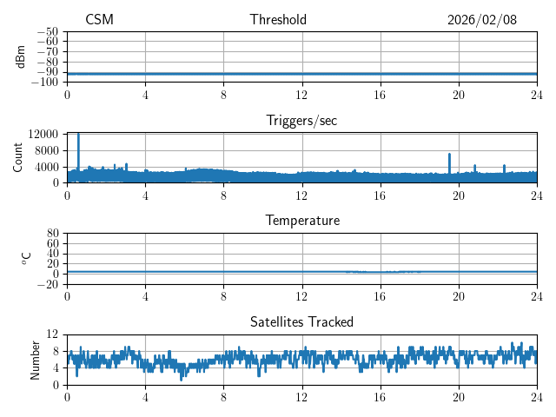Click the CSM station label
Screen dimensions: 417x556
(x=99, y=20)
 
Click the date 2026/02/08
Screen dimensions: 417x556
(x=482, y=20)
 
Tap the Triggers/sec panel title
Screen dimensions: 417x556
(x=301, y=121)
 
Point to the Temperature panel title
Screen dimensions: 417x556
(x=301, y=221)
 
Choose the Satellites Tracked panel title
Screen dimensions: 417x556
(x=301, y=321)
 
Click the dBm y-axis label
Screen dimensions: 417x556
(x=21, y=56)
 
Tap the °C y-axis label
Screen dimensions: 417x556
(x=26, y=258)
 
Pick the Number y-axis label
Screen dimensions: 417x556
(x=35, y=359)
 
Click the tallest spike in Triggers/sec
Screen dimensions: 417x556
(x=78, y=135)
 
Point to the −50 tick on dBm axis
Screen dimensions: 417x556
(x=46, y=31)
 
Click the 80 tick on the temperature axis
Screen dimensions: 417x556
(x=52, y=233)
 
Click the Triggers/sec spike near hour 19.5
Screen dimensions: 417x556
(x=449, y=155)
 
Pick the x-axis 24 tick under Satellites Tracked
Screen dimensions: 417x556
(x=536, y=396)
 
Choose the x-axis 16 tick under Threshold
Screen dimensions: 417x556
(x=380, y=94)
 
